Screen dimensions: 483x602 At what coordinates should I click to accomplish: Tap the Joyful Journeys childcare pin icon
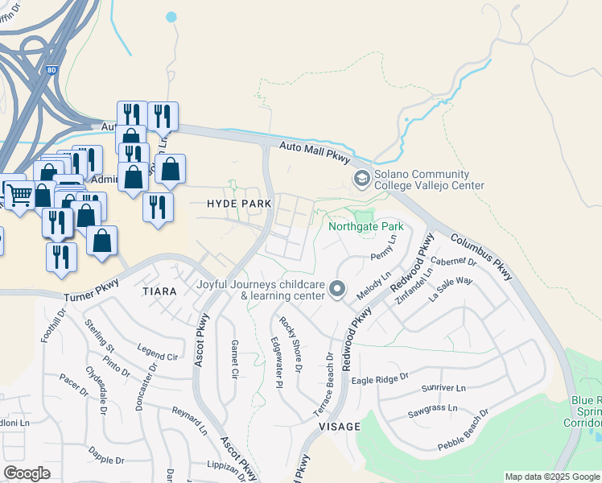coord(338,288)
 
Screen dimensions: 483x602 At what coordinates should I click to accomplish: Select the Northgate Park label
coord(365,226)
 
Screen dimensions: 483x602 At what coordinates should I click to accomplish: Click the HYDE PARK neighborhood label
coord(239,204)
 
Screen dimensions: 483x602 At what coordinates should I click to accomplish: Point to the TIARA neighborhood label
coord(159,290)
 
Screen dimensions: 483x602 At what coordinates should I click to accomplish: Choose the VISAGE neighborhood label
coord(339,426)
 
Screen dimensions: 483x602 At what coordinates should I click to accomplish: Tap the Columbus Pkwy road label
coord(481,257)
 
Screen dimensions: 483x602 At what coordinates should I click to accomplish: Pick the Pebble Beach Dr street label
coord(463,431)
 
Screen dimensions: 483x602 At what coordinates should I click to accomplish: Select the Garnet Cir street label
coord(235,359)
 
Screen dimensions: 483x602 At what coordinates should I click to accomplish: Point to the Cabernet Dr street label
coord(453,261)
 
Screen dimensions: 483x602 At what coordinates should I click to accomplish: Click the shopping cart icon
coord(19,193)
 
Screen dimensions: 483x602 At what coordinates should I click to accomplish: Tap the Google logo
coord(27,473)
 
